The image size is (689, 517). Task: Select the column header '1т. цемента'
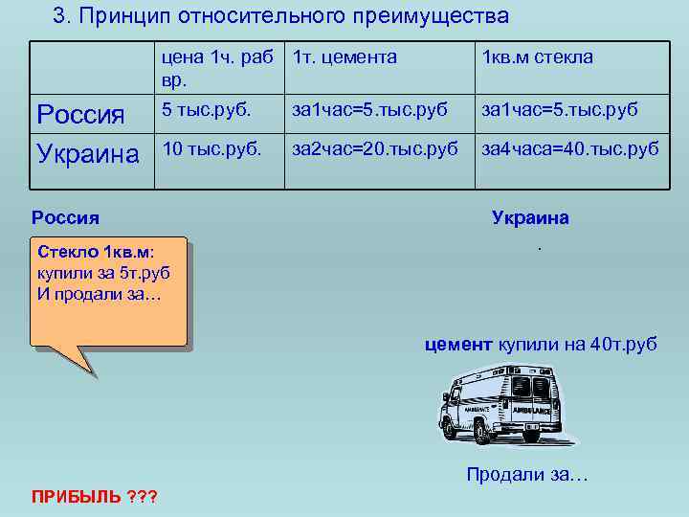point(344,57)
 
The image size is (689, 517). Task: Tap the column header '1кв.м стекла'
point(538,57)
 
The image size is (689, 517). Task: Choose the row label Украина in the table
point(87,153)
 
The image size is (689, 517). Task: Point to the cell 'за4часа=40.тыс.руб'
point(570,148)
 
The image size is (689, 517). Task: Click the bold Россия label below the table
point(65,217)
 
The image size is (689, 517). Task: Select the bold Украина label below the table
point(530,217)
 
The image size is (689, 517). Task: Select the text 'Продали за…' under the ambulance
point(527,474)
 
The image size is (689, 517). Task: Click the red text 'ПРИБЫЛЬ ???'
point(94,496)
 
